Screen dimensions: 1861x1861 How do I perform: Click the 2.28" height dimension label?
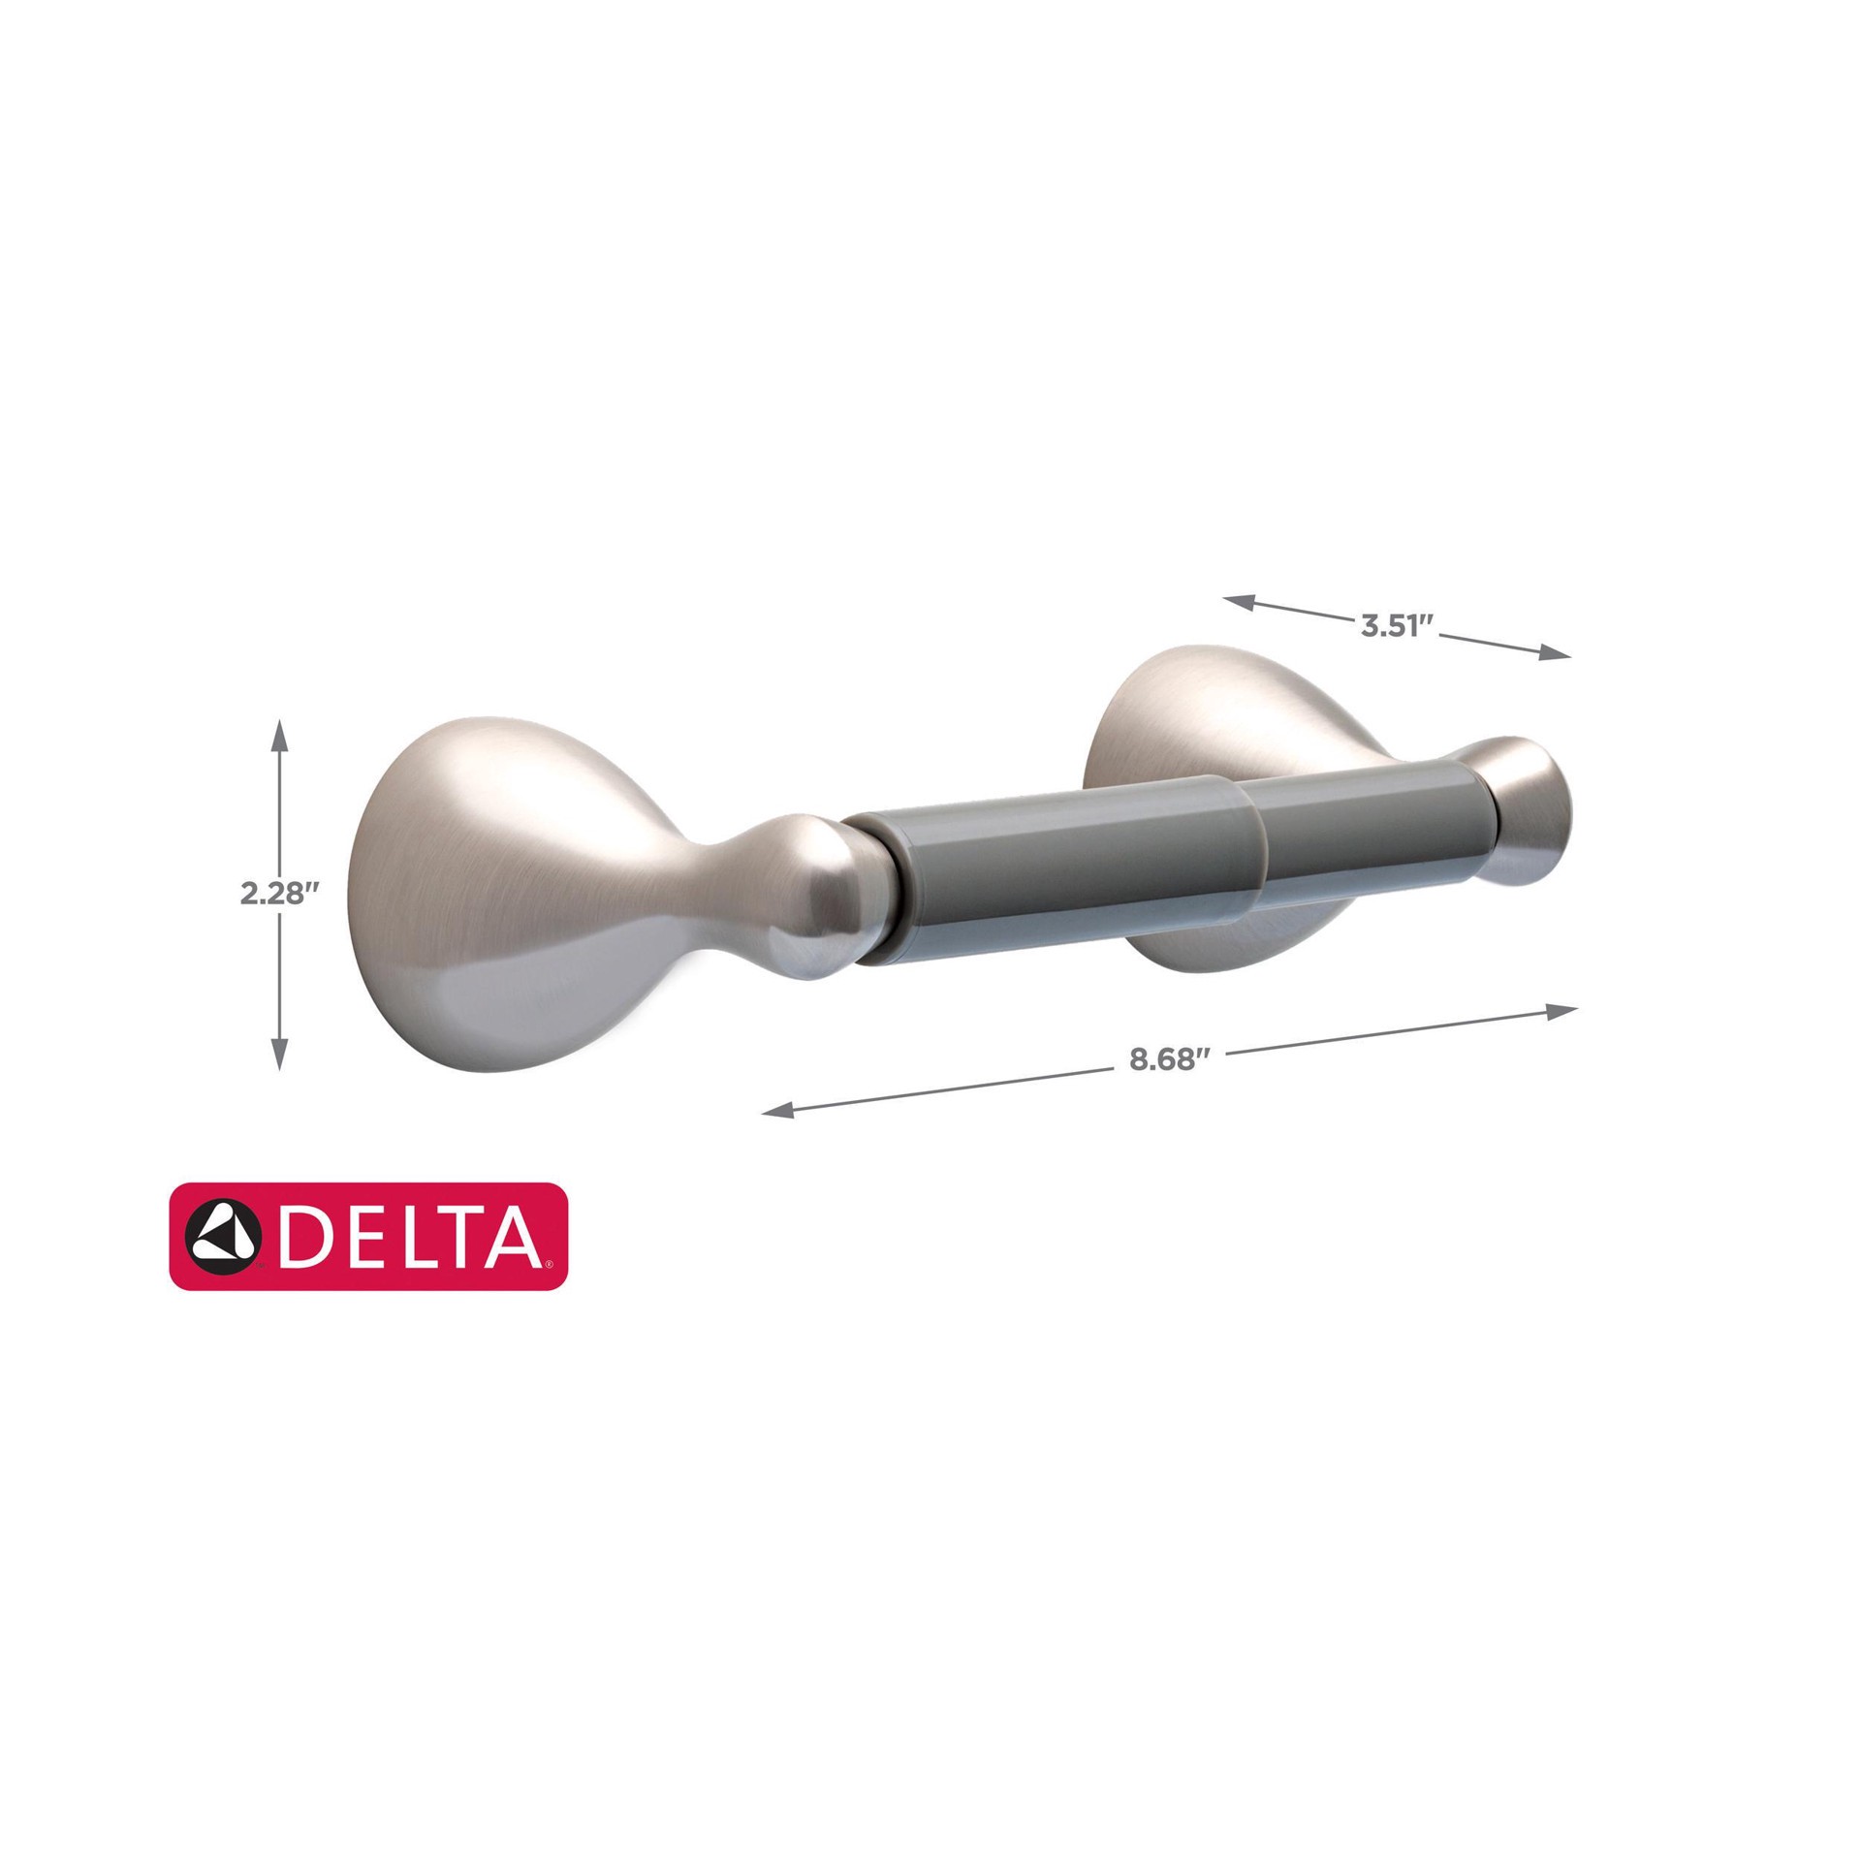click(x=279, y=893)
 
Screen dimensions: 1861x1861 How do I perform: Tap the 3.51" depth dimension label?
click(x=1397, y=625)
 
